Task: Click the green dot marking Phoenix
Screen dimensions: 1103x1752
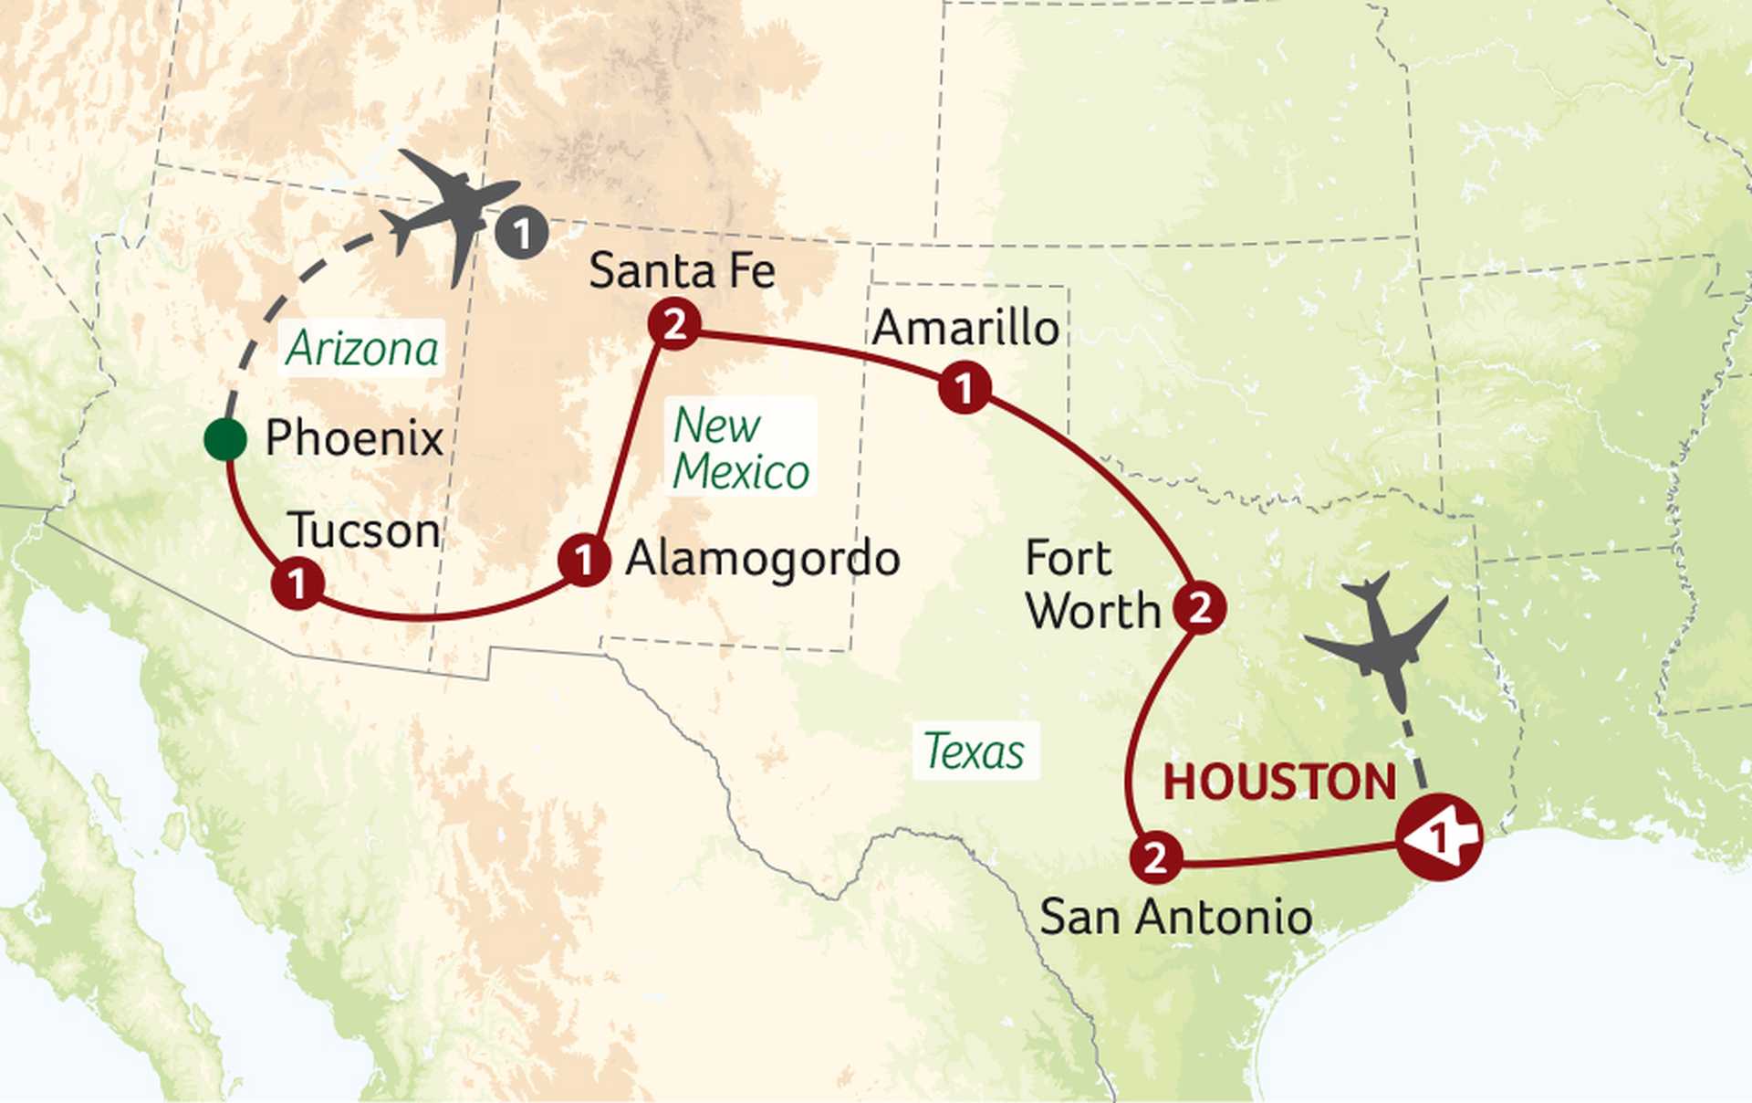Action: click(225, 439)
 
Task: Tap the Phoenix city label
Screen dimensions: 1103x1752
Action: click(354, 438)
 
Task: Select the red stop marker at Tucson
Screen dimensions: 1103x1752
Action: click(297, 583)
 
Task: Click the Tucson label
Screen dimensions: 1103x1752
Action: click(363, 530)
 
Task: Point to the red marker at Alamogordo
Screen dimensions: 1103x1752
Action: click(584, 560)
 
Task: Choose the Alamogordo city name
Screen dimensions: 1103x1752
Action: click(763, 559)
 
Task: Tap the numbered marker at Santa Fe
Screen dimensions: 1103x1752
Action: click(674, 324)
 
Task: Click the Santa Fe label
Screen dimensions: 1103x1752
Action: click(682, 270)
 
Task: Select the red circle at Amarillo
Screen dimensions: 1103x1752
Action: click(965, 388)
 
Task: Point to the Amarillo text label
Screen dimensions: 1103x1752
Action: click(965, 328)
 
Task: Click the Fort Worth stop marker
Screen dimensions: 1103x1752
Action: click(1199, 607)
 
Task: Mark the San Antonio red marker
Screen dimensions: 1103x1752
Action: click(1156, 856)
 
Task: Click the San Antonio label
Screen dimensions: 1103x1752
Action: click(1176, 916)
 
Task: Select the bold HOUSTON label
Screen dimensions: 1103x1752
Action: click(1279, 782)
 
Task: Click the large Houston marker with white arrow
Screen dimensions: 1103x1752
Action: click(1439, 836)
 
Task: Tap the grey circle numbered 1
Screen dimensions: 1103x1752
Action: click(522, 234)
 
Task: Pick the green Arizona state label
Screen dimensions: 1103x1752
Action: click(362, 348)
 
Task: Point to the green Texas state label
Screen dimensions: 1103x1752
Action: click(975, 751)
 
